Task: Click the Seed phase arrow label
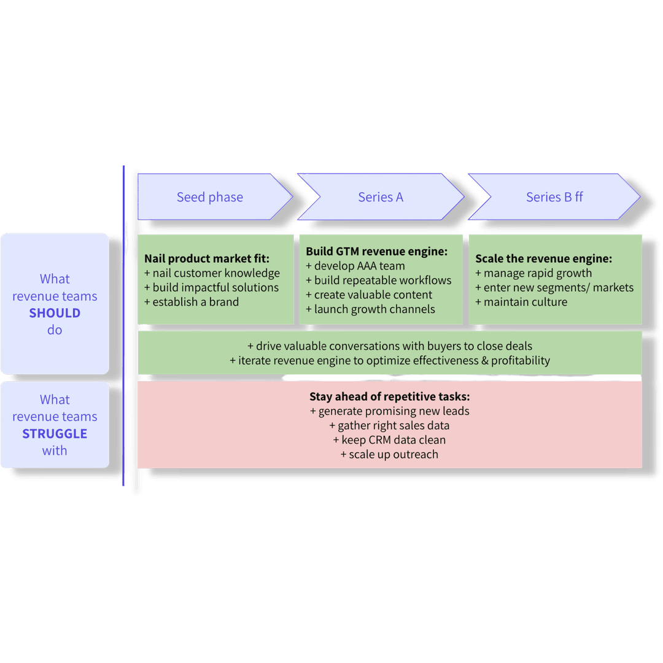pos(210,197)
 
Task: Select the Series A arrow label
pos(381,197)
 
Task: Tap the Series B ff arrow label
pos(554,197)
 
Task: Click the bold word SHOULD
pos(55,313)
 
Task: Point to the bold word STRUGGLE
pos(55,433)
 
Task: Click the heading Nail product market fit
pos(207,258)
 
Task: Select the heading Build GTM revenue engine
pos(376,252)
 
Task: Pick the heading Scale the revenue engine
pos(543,258)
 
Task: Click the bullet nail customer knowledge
pos(212,273)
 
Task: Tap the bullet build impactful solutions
pos(211,287)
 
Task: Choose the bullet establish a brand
pos(192,302)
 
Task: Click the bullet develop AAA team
pos(355,266)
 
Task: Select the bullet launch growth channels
pos(370,309)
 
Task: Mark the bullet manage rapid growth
pos(533,273)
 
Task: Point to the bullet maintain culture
pos(521,302)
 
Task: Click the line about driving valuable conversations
pos(390,346)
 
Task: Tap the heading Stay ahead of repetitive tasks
pos(390,397)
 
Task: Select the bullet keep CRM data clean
pos(390,440)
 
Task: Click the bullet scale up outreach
pos(390,455)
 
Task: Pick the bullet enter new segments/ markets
pos(554,287)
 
